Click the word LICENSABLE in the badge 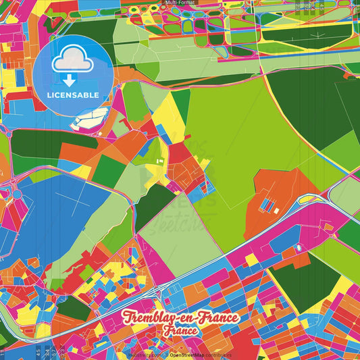point(74,95)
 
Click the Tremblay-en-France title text point(180,318)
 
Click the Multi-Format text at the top point(180,3)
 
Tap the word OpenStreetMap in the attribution point(187,355)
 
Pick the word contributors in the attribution point(217,355)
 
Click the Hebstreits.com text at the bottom point(141,355)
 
